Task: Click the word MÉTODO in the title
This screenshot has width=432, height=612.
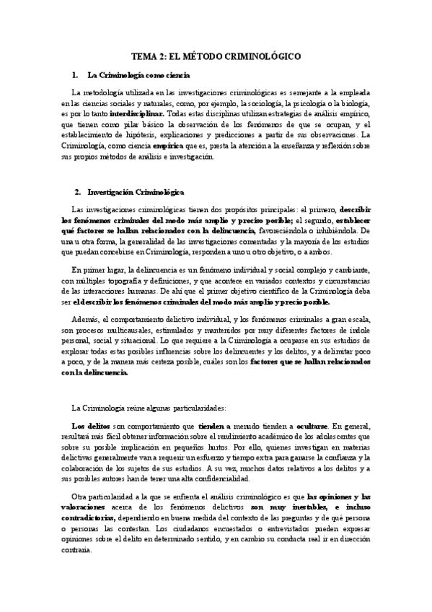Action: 206,56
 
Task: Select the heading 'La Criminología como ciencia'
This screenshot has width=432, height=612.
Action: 138,75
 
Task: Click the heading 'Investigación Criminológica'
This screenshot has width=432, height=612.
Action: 136,193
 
